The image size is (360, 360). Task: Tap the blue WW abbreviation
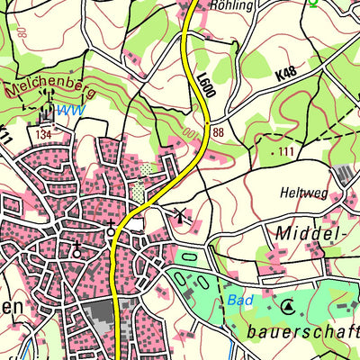68,111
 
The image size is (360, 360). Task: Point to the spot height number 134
42,134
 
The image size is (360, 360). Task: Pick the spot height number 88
219,132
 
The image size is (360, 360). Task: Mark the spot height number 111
286,149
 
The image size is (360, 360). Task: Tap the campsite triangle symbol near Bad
288,307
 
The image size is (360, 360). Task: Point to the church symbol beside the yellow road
111,228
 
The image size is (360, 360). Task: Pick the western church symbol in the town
77,248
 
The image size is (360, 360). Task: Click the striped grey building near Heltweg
343,175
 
